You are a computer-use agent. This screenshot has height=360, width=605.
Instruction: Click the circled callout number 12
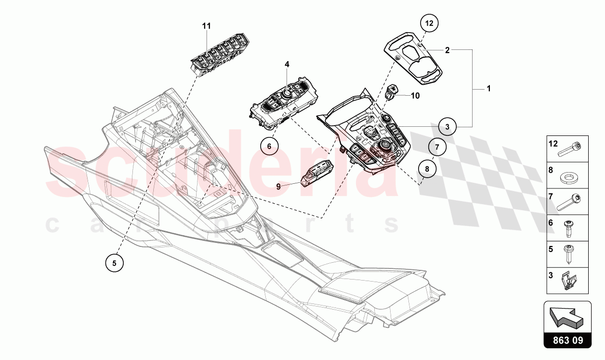[x=429, y=23]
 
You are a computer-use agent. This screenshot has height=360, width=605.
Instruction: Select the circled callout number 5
[x=114, y=263]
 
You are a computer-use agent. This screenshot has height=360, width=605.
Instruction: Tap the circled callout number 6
[x=269, y=146]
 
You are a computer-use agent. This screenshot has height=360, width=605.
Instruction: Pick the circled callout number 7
[x=437, y=147]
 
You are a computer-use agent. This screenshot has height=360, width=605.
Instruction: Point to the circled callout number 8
[x=427, y=168]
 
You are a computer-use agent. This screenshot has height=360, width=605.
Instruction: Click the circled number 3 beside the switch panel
[x=447, y=127]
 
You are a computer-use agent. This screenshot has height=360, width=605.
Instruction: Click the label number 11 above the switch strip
[x=207, y=26]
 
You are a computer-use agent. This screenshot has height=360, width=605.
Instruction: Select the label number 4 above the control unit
[x=287, y=64]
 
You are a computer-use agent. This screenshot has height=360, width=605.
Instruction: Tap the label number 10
[x=415, y=96]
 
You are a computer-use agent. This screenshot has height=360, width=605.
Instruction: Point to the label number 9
[x=278, y=187]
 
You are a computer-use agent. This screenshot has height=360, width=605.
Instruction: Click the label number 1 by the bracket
[x=488, y=89]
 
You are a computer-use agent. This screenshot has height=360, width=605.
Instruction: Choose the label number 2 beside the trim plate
[x=447, y=50]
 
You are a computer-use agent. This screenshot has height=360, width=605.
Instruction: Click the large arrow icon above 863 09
[x=566, y=316]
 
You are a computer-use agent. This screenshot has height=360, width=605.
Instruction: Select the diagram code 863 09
[x=568, y=340]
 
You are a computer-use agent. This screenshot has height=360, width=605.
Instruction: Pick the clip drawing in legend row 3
[x=568, y=281]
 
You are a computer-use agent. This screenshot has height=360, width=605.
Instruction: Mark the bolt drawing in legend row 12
[x=570, y=149]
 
